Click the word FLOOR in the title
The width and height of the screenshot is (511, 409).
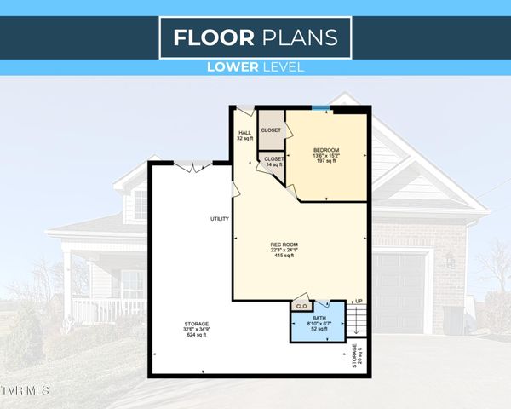pos(213,37)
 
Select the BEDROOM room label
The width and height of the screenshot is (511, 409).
pos(326,150)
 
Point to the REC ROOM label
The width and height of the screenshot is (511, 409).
pos(282,245)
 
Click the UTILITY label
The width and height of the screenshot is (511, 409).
pos(220,220)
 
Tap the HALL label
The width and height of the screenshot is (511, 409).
pos(244,133)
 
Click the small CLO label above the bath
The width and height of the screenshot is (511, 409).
pos(301,305)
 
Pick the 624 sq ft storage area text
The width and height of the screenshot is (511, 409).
pos(196,335)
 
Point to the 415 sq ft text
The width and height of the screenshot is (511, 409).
pos(282,256)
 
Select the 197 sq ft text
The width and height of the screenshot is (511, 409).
pos(326,162)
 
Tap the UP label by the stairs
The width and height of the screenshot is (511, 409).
pos(359,302)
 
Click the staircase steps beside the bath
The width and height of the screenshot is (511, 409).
pos(357,322)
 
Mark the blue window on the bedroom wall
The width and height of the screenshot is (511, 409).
pos(321,107)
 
